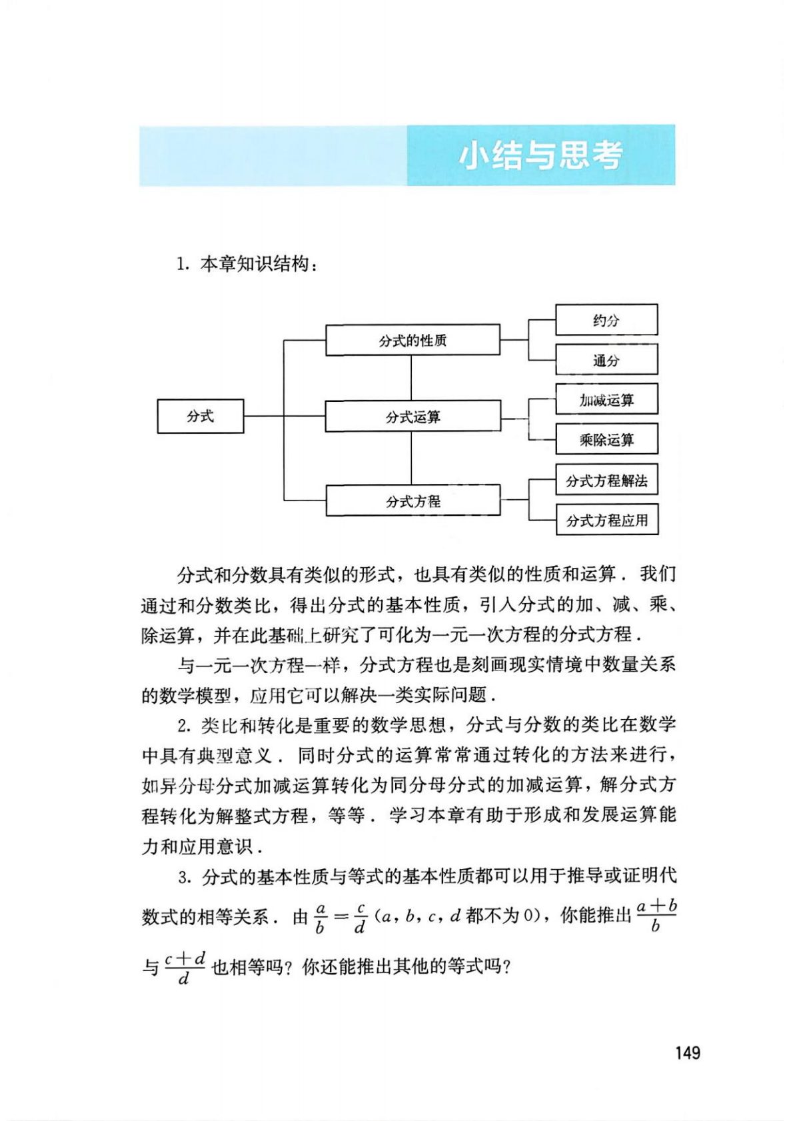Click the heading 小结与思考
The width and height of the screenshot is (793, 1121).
[x=540, y=155]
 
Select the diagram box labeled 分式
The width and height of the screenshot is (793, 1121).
[x=201, y=417]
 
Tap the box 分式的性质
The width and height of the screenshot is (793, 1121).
[x=412, y=341]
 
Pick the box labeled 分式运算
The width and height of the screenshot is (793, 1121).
[x=412, y=417]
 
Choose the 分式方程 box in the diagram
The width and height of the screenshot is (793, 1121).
[x=412, y=501]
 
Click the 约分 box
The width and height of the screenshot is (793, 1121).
[x=606, y=320]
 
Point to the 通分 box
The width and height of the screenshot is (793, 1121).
[x=606, y=360]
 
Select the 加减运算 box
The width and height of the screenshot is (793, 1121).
[x=606, y=400]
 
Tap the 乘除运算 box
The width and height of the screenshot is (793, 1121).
[x=606, y=439]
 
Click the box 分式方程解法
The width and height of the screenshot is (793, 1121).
[x=606, y=480]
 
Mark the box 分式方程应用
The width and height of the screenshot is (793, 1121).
[x=607, y=520]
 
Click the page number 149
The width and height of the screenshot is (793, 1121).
[x=687, y=1053]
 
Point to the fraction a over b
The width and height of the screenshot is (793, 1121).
[x=320, y=918]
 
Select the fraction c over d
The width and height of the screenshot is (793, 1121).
[x=361, y=918]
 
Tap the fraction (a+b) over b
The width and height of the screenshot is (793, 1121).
[x=656, y=915]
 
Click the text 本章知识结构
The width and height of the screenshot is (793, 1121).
[x=255, y=265]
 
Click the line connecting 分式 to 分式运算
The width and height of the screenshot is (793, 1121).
[x=285, y=417]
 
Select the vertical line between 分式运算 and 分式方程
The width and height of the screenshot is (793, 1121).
[x=411, y=459]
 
